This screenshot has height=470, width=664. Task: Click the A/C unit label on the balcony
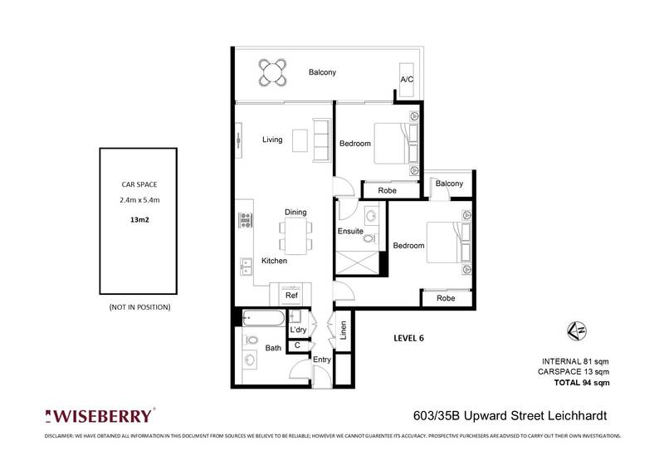click(406, 79)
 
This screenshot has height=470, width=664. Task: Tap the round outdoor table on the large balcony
click(273, 72)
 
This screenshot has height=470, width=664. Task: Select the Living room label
click(272, 140)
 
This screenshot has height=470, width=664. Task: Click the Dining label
click(295, 212)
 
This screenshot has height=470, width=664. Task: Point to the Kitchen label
click(274, 261)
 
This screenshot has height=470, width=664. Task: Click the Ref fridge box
click(291, 295)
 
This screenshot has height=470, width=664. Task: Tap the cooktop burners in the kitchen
click(246, 220)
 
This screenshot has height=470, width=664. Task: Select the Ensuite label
click(349, 232)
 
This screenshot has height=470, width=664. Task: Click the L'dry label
click(298, 330)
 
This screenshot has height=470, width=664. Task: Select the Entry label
click(322, 359)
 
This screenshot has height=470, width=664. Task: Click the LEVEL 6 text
click(413, 339)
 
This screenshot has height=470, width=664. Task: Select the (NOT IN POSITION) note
click(139, 307)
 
